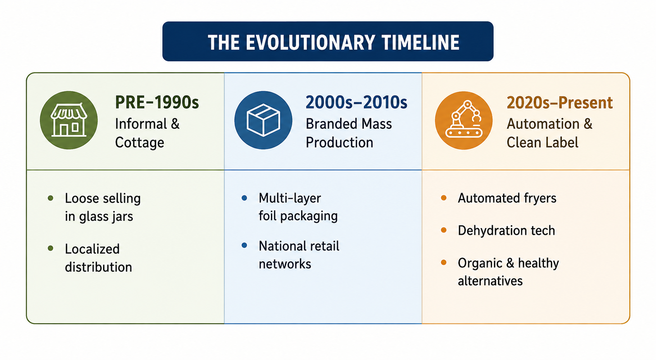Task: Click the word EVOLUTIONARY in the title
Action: click(310, 43)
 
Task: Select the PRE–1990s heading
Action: click(157, 103)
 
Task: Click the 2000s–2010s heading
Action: click(356, 103)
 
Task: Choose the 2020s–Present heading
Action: click(560, 103)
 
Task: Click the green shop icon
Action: click(69, 120)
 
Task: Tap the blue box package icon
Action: click(263, 120)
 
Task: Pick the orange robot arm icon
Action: click(463, 121)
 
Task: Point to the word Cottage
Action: click(139, 143)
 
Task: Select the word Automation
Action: click(543, 124)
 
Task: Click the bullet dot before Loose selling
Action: click(50, 198)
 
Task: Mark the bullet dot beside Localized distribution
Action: click(50, 248)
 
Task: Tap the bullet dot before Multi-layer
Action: click(244, 198)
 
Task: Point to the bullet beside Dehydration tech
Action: click(444, 230)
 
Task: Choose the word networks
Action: click(285, 264)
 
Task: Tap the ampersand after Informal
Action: click(175, 124)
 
